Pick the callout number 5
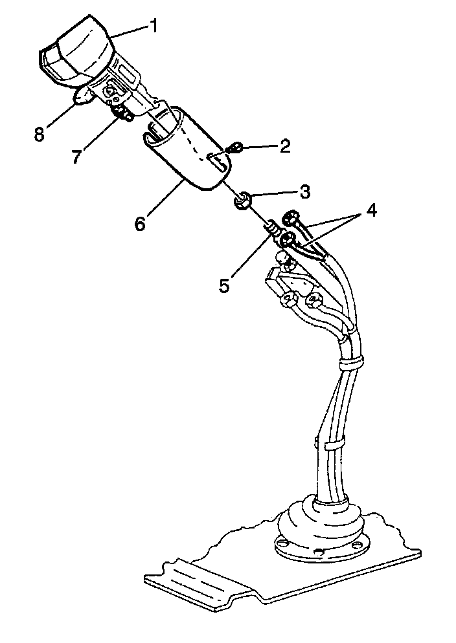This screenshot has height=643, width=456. [224, 285]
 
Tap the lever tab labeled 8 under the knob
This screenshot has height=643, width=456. [83, 96]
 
